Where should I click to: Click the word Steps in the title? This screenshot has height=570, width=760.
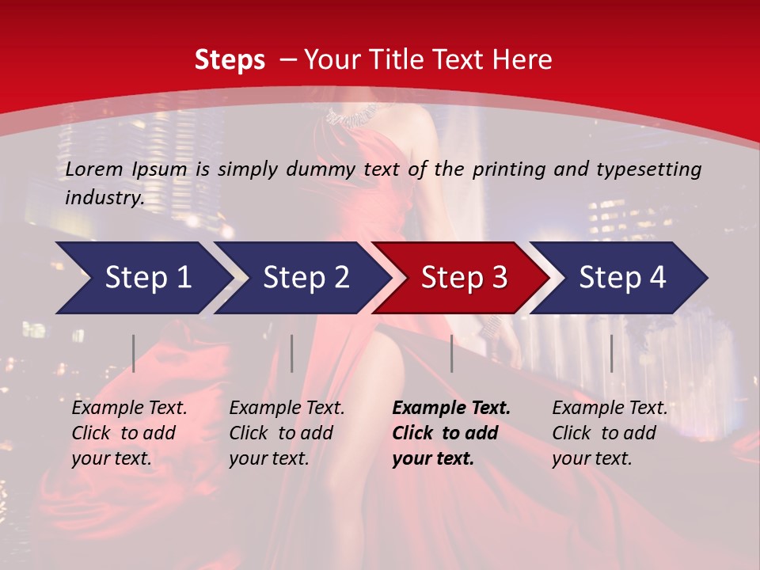point(230,60)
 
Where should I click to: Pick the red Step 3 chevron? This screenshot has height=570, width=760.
point(464,278)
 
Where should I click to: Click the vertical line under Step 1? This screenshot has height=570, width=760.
point(134,353)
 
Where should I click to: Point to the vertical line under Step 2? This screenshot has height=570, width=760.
point(292,353)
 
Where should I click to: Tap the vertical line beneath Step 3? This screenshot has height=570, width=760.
point(451,353)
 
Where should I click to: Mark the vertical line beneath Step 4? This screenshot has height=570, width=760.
point(611,353)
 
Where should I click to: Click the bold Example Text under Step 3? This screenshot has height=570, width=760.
point(451,433)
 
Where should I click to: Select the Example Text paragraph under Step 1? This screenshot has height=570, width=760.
point(129,433)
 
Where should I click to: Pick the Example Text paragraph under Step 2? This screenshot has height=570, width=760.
point(287,433)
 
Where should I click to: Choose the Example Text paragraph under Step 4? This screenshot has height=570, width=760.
point(610,433)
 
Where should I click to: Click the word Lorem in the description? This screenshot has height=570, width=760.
point(94,169)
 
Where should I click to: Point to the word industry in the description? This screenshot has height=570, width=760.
point(104,198)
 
